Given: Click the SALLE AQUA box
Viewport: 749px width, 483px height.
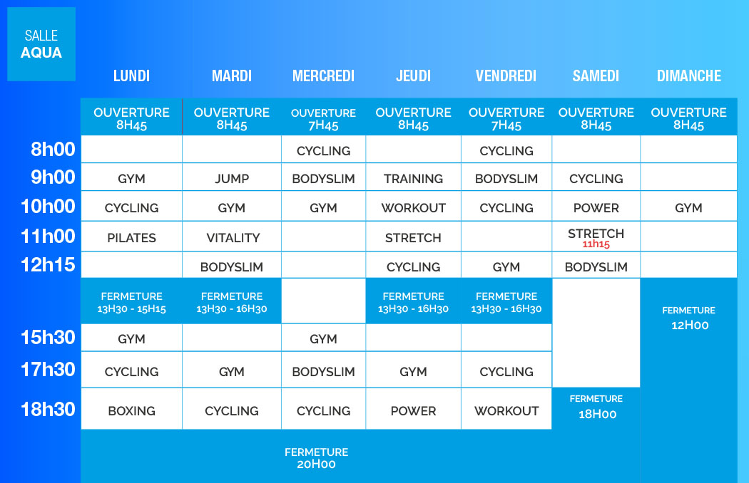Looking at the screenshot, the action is coord(41,44).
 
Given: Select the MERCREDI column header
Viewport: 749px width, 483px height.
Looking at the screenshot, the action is coord(323,76).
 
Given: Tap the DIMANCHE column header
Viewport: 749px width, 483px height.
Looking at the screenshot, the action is coord(689,76).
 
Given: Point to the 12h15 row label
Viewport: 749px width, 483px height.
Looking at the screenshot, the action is coord(48,265).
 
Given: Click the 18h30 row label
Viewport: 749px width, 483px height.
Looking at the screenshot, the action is coord(48,410).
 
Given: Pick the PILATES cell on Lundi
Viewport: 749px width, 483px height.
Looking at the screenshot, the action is coord(131,238).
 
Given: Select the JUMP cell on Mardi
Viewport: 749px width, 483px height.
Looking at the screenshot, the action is coord(232,179).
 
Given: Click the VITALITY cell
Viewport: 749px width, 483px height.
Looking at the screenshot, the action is coord(233,238).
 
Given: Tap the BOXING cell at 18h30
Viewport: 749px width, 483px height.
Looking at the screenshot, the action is coord(131,410).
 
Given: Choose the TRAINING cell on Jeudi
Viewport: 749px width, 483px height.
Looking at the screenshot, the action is coord(413,179).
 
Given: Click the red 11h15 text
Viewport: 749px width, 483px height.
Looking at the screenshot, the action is coord(596,244).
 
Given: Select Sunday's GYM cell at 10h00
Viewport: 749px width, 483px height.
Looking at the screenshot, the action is coord(688,207).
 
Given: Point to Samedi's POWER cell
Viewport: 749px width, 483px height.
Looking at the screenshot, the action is coord(596,207).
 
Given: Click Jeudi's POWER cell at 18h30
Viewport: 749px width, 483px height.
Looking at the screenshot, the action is coord(413,410).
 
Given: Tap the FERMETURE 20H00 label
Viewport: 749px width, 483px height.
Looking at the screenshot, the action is coord(316,458).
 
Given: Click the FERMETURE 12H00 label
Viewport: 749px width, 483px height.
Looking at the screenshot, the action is coord(689,318).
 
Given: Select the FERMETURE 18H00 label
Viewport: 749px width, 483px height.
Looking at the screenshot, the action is coord(596,407).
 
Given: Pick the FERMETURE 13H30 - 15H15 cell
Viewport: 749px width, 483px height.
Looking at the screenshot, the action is coord(131,302).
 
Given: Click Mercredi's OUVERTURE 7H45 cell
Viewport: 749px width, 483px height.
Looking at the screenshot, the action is coord(323,119).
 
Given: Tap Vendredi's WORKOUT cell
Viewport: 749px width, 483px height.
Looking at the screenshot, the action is coord(506,410).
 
